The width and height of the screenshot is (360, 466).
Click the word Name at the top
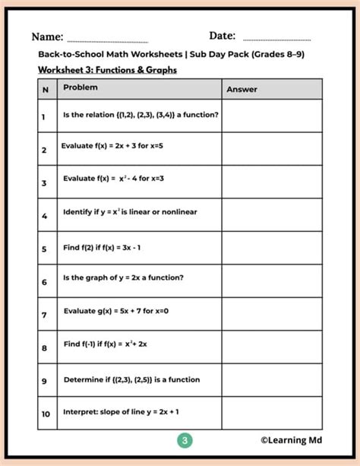46,36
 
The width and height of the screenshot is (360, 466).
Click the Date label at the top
222,36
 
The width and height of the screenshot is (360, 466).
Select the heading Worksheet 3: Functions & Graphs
107,70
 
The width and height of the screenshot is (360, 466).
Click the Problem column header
80,88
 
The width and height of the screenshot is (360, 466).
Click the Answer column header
242,90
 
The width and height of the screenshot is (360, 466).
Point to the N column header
45,89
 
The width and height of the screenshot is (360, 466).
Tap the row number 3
44,182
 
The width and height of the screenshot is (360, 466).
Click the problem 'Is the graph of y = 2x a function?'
123,277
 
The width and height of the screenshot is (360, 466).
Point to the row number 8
44,347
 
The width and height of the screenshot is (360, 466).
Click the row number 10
46,414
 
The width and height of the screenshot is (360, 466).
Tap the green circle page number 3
185,440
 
